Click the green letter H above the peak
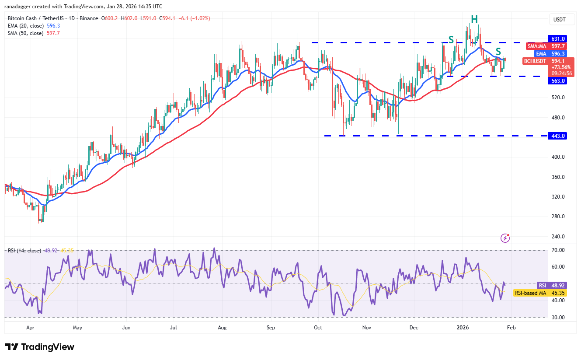click(x=474, y=19)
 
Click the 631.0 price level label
click(x=558, y=38)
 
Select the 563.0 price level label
click(x=558, y=81)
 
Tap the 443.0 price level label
click(x=558, y=136)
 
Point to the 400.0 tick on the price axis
click(x=558, y=157)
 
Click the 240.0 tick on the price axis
click(x=558, y=237)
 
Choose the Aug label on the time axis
click(x=222, y=327)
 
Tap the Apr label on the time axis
click(x=30, y=327)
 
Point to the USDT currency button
click(x=559, y=20)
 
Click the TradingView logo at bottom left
click(x=40, y=347)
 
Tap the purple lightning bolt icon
click(x=505, y=238)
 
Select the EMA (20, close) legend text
click(x=25, y=26)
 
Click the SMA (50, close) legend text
click(x=25, y=33)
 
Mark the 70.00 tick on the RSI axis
click(x=558, y=250)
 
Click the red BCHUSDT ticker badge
click(x=535, y=61)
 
